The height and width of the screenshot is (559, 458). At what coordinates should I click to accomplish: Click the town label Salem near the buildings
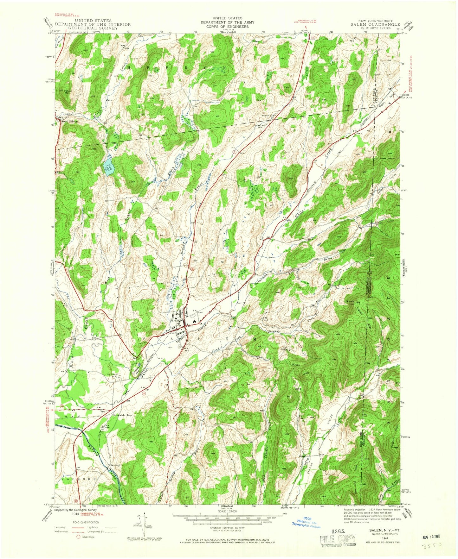175,320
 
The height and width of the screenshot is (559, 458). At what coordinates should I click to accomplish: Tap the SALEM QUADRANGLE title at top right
375,24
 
